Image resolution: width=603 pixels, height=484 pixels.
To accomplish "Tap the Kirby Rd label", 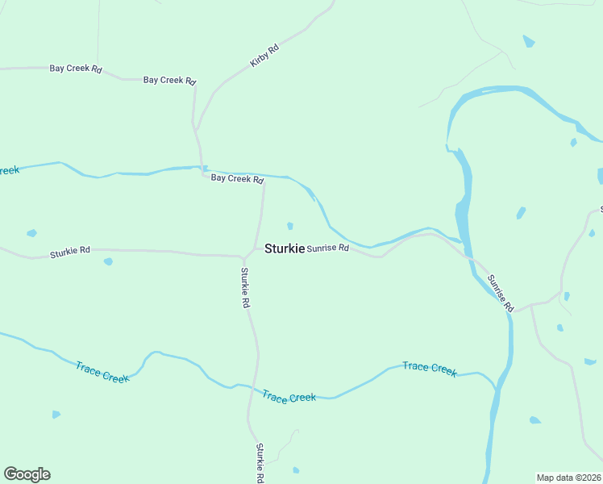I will pos(264,55).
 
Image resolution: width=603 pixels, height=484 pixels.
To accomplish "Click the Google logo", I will pos(27,474).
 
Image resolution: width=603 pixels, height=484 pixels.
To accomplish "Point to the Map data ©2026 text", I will pos(569,477).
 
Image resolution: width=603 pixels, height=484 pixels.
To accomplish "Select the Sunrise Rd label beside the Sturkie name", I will pos(327,248).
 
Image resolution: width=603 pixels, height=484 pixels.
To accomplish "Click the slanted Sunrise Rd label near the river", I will pos(500,293).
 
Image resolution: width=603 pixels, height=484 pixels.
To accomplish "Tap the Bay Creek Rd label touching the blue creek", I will pos(237,178).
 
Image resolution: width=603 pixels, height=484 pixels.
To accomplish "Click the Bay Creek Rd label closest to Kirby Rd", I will pos(170,80).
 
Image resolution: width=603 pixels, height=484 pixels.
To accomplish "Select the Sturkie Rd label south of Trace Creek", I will pos(260,463).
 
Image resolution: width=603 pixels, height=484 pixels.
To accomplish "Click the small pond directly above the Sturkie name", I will pos(290,226).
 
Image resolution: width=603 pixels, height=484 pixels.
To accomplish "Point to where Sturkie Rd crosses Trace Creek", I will pos(255,390).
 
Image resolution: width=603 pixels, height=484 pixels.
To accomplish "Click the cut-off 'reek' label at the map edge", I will pos(9,170).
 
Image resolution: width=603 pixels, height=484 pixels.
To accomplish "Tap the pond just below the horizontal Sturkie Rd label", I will pos(108,261).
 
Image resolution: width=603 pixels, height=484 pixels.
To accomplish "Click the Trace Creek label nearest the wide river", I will pos(430,368).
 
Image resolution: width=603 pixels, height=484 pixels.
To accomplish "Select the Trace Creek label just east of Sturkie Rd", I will pos(289,397).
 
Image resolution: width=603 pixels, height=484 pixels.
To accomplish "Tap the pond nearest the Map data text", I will pos(534,420).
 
